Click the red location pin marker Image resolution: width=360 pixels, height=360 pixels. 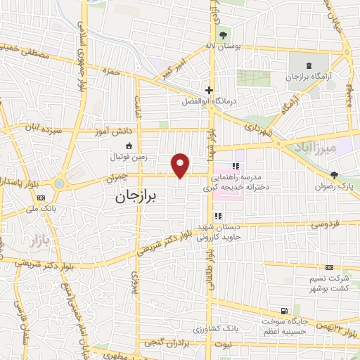click(181, 165)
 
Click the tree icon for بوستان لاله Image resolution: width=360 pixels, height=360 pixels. click(223, 34)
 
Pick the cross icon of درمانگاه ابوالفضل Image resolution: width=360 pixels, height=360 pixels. click(209, 90)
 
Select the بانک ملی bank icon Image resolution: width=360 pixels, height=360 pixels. click(41, 198)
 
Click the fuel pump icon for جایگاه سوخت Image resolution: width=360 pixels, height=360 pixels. click(283, 311)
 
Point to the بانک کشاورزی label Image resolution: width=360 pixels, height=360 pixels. click(201, 329)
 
